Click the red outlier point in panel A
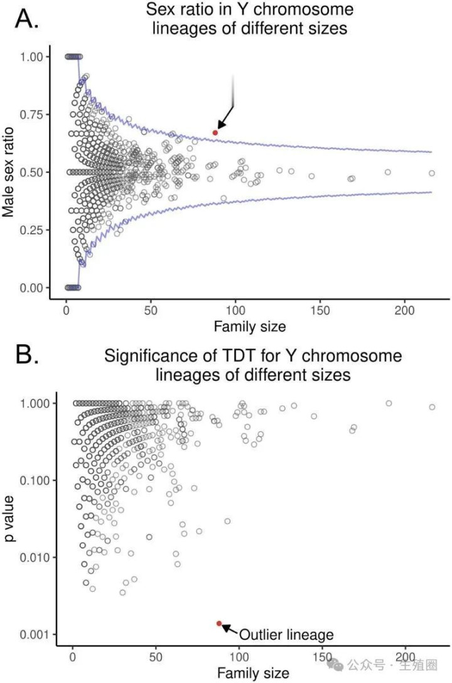pyautogui.click(x=215, y=132)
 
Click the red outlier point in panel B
pyautogui.click(x=219, y=623)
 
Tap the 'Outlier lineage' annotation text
pyautogui.click(x=286, y=634)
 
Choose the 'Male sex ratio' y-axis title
pyautogui.click(x=9, y=171)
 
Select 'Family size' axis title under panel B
pyautogui.click(x=253, y=673)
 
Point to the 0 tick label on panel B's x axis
pyautogui.click(x=73, y=657)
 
